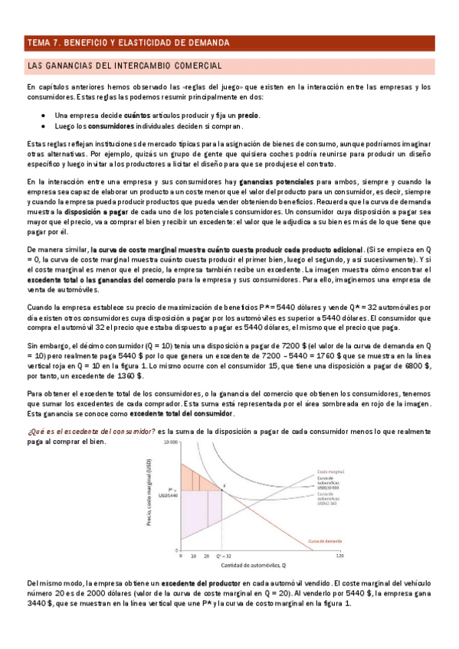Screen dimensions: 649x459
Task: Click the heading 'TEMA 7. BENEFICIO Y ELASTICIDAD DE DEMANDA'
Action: [127, 43]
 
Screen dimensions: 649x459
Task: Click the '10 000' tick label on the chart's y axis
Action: [169, 444]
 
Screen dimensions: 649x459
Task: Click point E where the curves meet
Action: [223, 486]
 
